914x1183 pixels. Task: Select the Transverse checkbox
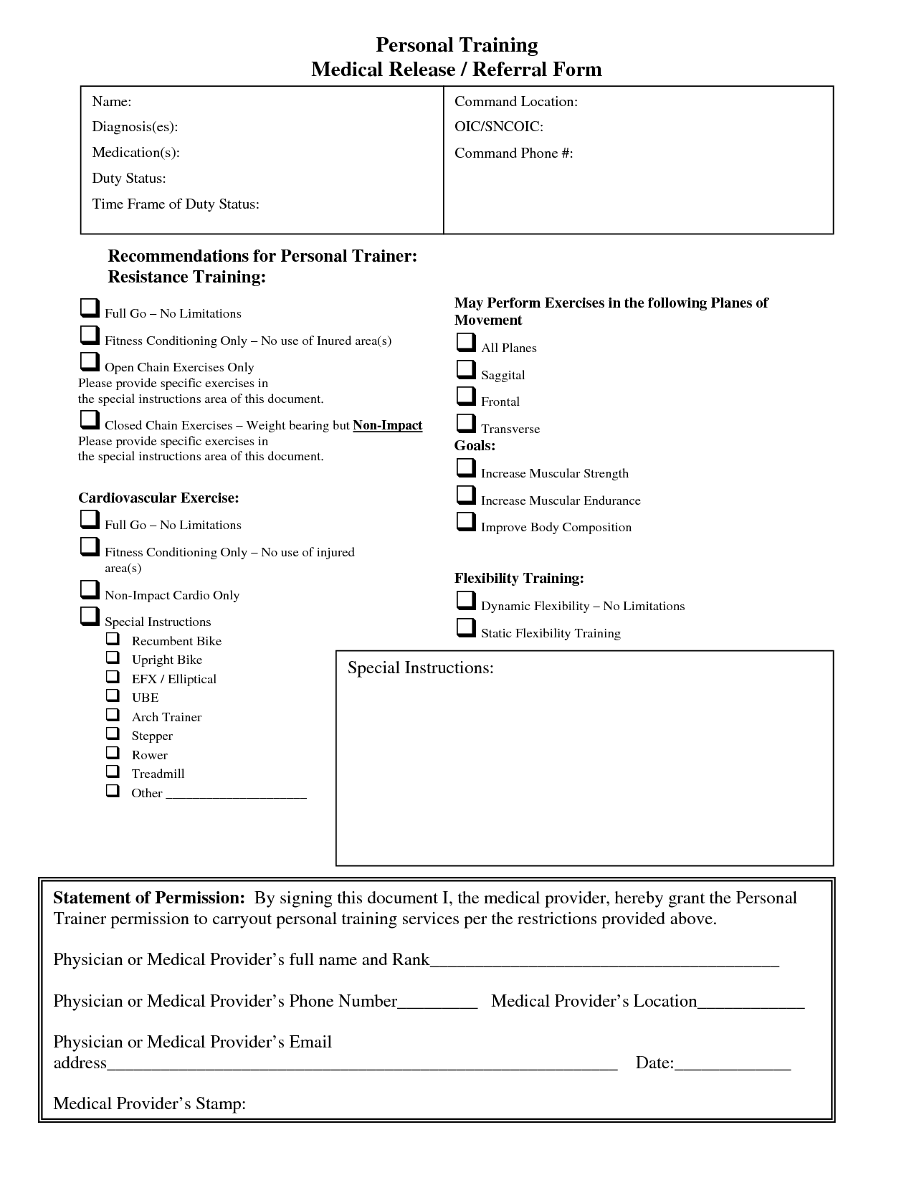click(465, 423)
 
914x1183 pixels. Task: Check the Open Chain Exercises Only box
click(89, 361)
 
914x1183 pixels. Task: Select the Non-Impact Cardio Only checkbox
click(89, 589)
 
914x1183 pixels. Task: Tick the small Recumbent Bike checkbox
click(113, 638)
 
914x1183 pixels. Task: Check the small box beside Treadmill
click(113, 771)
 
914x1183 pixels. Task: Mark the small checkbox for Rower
click(113, 752)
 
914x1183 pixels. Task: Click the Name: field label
click(111, 102)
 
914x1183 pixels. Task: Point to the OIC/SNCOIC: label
click(499, 127)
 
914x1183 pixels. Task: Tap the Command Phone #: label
click(513, 153)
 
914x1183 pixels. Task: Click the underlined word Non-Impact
click(387, 425)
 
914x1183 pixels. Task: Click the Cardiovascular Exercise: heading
click(158, 498)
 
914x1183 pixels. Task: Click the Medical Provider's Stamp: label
click(149, 1103)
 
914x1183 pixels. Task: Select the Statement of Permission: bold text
click(149, 898)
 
